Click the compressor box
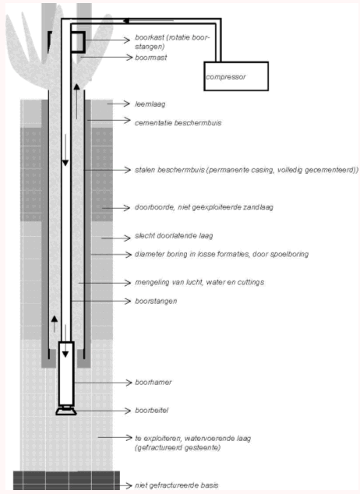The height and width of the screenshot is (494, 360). (236, 76)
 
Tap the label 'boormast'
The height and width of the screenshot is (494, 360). (151, 58)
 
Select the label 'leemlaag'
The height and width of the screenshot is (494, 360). (150, 104)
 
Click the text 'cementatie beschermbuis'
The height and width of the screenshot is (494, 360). (178, 122)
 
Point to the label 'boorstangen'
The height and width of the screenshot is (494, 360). (156, 301)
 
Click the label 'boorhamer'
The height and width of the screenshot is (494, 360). (153, 382)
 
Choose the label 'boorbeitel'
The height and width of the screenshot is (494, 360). (151, 410)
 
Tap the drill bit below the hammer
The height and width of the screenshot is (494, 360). (66, 411)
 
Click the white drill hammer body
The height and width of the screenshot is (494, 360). (66, 374)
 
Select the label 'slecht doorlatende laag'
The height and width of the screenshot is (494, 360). (174, 235)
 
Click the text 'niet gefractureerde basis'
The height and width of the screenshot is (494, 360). (176, 485)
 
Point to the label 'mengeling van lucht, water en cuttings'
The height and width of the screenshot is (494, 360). (199, 282)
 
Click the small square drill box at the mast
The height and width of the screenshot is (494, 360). (78, 42)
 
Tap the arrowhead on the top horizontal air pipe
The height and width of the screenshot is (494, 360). (126, 21)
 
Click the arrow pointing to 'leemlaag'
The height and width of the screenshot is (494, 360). (118, 104)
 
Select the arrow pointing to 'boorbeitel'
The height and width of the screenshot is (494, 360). (104, 411)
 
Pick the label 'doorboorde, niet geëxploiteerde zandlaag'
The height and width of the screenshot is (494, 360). (204, 207)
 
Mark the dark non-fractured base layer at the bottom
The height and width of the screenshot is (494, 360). (66, 481)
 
